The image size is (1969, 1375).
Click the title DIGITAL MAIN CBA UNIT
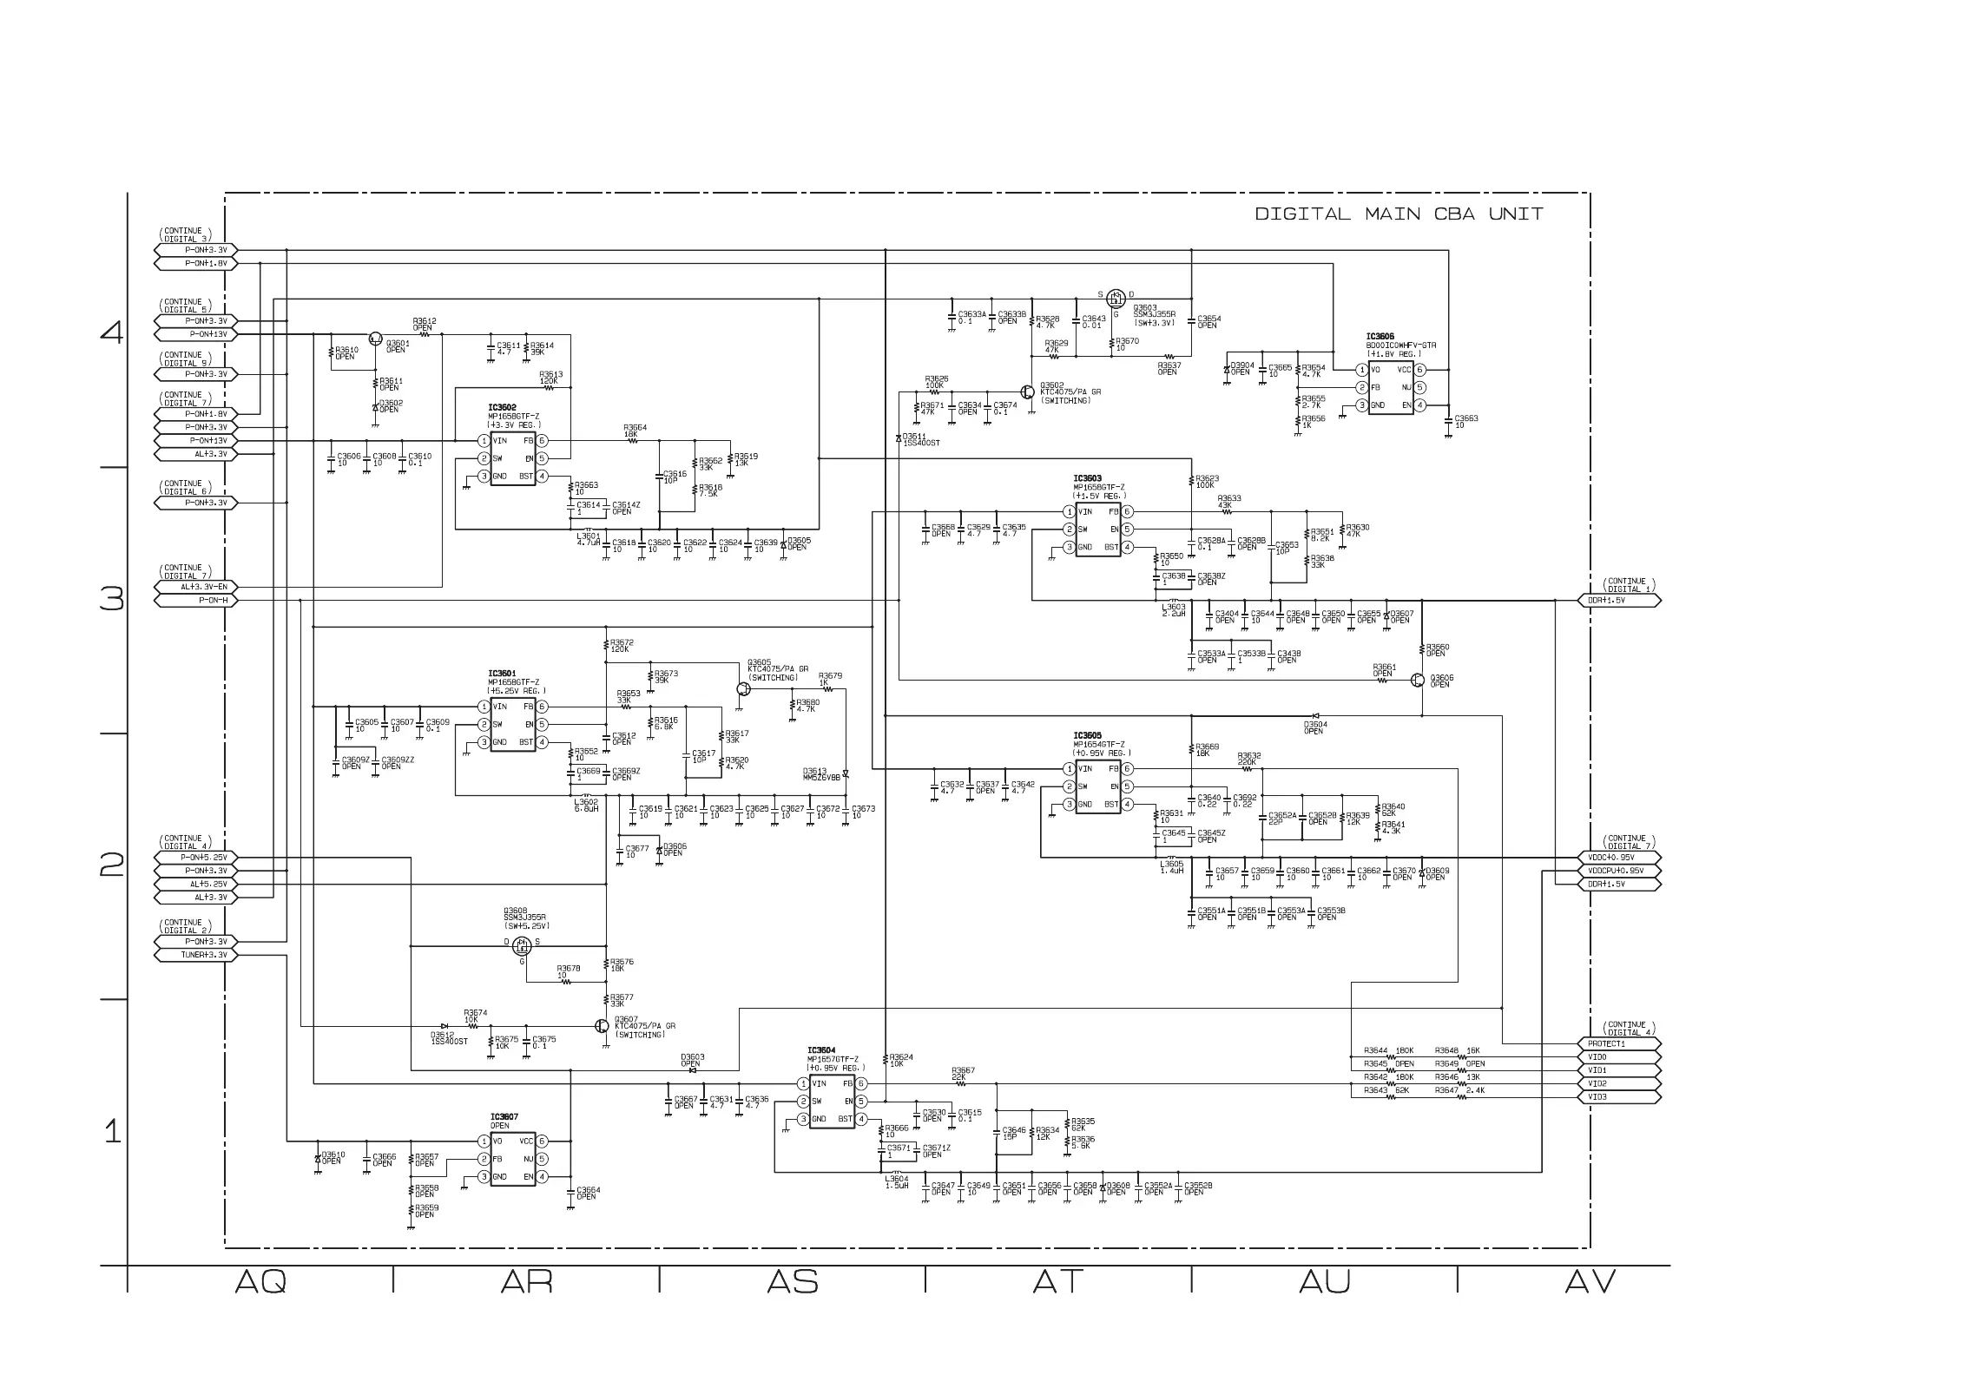click(1399, 214)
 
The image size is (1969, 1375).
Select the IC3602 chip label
click(502, 407)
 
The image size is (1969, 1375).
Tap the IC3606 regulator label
click(1380, 337)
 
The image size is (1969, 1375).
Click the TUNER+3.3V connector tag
click(195, 955)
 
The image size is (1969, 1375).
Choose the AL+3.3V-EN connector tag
click(195, 587)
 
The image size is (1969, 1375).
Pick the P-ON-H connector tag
click(195, 600)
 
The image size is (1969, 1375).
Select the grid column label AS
click(793, 1282)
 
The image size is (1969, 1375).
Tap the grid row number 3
click(112, 600)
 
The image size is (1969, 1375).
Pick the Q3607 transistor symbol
click(603, 1025)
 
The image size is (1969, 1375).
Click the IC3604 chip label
click(821, 1049)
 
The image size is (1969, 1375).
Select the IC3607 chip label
click(504, 1117)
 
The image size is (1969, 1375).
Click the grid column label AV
click(1590, 1282)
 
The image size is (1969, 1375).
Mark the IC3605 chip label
click(1087, 735)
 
